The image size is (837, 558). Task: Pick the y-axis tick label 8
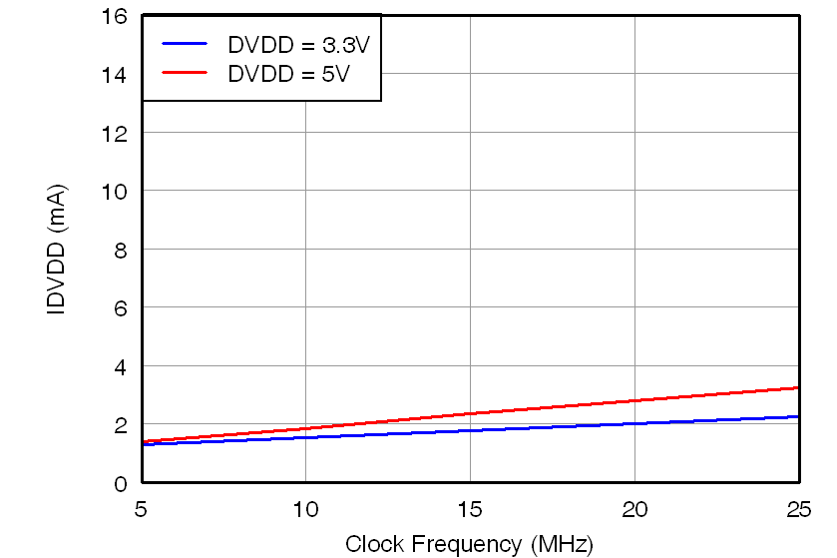(122, 250)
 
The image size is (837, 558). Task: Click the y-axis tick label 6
(122, 307)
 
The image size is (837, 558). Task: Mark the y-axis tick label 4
(122, 366)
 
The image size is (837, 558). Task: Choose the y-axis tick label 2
(122, 424)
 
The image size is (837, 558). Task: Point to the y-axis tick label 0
(122, 483)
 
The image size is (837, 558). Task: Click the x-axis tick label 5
(142, 510)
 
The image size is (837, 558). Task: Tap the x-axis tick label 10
(305, 510)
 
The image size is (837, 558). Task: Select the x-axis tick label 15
(470, 510)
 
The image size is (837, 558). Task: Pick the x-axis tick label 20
(634, 510)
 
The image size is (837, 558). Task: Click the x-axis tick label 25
(798, 510)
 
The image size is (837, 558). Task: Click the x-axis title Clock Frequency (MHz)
(469, 544)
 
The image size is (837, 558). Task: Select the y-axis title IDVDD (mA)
(58, 250)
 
